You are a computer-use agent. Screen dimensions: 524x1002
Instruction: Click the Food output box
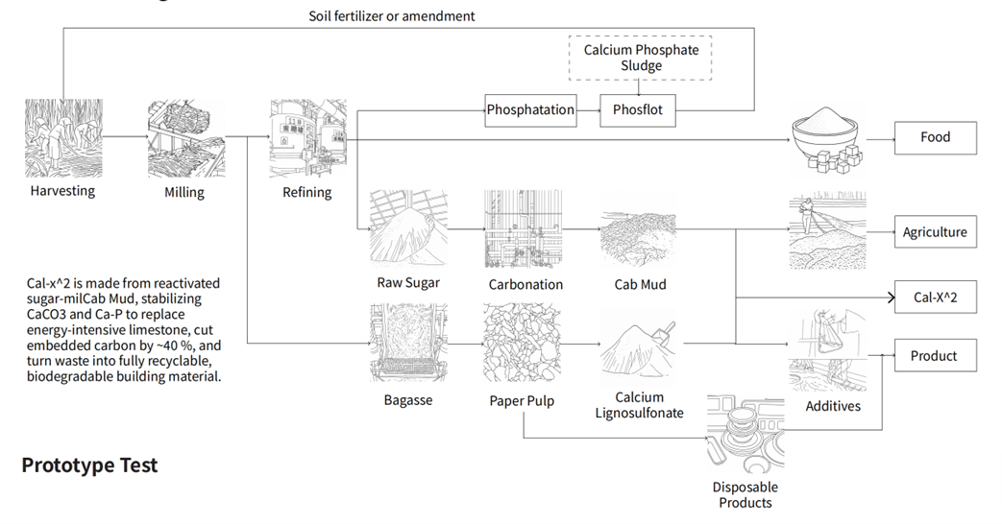[x=935, y=137]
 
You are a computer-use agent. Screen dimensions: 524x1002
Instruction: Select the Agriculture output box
[x=935, y=232]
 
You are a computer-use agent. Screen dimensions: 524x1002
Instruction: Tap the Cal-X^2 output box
[x=935, y=298]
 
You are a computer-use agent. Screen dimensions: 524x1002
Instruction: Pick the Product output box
[x=935, y=356]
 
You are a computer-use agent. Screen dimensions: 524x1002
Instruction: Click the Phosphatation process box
[x=530, y=109]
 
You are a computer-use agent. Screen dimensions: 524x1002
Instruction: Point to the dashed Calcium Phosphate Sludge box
[x=642, y=57]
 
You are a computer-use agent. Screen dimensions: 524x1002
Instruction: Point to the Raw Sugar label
[x=408, y=283]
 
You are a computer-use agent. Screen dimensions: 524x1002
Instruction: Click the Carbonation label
[x=525, y=284]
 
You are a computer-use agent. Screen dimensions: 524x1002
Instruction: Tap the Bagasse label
[x=408, y=400]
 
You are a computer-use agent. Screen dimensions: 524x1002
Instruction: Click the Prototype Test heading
[x=90, y=465]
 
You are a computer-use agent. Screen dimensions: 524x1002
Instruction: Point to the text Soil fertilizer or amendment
[x=392, y=15]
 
